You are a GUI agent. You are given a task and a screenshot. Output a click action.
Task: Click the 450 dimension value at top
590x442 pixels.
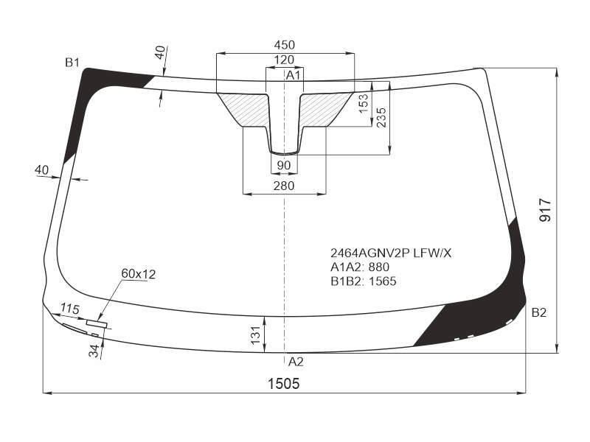tap(285, 45)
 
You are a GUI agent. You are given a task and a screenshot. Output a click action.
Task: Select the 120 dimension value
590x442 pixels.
tap(284, 60)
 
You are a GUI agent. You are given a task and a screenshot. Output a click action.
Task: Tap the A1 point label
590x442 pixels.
tap(294, 75)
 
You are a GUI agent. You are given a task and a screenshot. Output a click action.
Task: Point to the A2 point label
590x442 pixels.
tap(296, 362)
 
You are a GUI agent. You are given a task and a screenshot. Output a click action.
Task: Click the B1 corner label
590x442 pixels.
tap(72, 63)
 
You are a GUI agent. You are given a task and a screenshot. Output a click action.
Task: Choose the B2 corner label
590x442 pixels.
tap(539, 312)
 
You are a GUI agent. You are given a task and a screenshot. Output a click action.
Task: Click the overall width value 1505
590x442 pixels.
tap(284, 384)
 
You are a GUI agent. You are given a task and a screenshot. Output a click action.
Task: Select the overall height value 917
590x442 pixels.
tap(545, 211)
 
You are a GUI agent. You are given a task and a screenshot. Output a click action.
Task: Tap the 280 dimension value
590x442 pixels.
tap(284, 186)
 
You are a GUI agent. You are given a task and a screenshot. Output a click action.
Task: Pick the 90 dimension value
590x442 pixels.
tap(284, 165)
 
